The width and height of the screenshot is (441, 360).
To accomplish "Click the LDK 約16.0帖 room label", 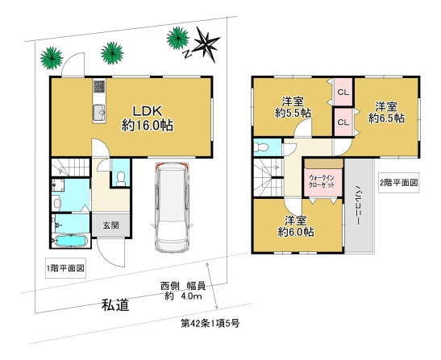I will (148, 118).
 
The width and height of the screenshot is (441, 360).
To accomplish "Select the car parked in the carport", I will (170, 207).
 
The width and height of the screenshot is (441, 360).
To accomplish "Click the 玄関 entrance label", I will (109, 226).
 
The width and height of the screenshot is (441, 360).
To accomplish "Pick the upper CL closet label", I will (343, 93).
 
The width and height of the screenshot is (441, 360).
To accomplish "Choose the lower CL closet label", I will (343, 122).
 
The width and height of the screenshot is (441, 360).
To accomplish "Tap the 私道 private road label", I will (115, 304).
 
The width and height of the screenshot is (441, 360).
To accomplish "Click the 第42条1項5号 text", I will (209, 323).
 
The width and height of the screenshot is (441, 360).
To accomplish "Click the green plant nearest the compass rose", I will (176, 37).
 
